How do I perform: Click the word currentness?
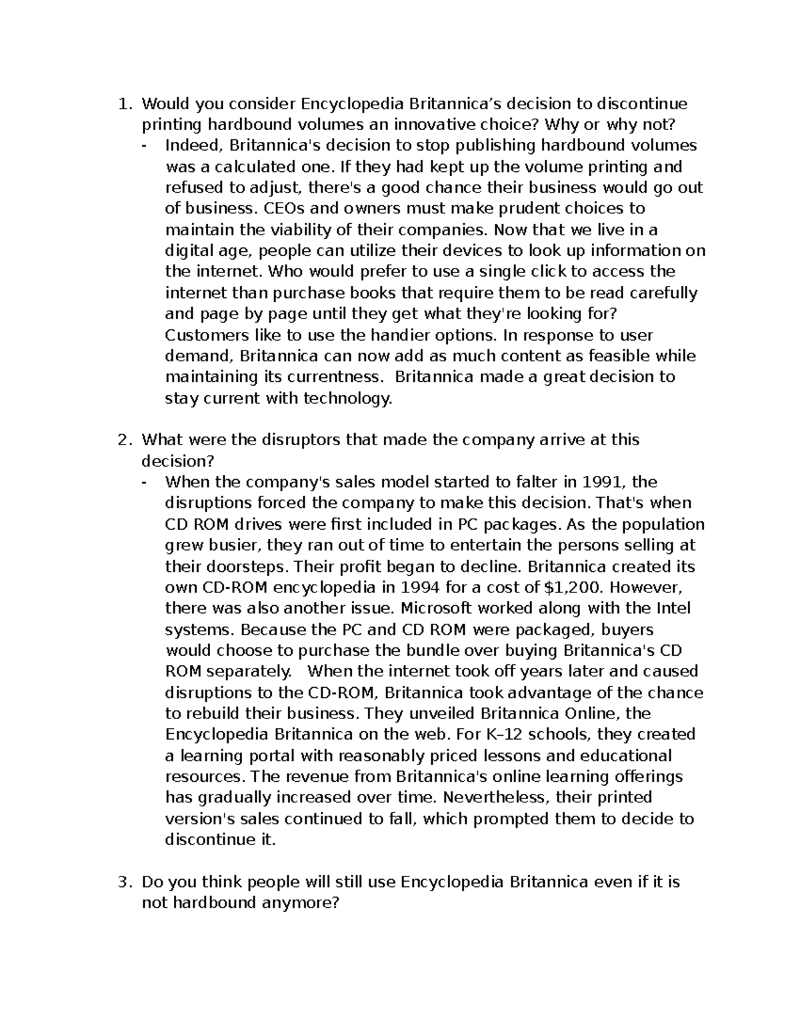[x=339, y=377]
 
